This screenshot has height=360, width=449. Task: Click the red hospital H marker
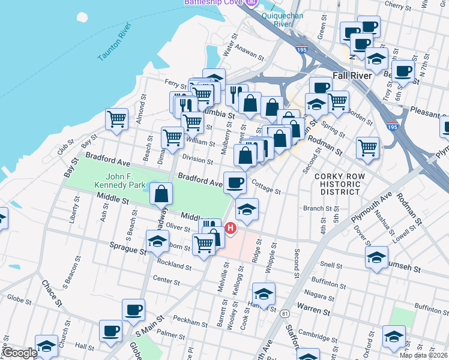click(x=231, y=229)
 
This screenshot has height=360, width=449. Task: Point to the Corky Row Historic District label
click(x=337, y=183)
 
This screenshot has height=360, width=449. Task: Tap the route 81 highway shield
click(x=285, y=314)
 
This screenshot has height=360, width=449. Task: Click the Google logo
click(x=20, y=353)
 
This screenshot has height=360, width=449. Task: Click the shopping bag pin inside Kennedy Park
click(x=161, y=194)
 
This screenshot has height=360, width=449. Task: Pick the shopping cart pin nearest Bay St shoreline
click(x=116, y=118)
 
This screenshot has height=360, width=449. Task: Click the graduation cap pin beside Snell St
click(x=376, y=258)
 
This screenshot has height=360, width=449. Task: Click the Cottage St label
click(x=266, y=187)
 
